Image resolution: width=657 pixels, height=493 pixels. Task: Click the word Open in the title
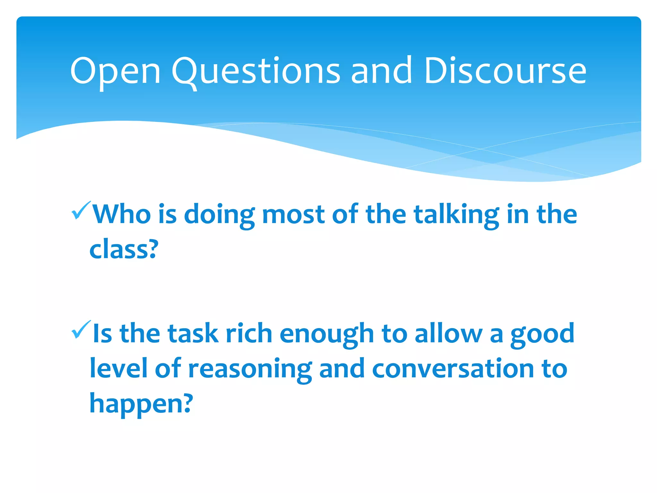pyautogui.click(x=115, y=71)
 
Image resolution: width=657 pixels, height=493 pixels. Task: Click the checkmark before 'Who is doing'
pyautogui.click(x=81, y=211)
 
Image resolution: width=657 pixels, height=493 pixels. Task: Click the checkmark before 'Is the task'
pyautogui.click(x=81, y=330)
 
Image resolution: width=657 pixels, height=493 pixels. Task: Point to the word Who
pyautogui.click(x=122, y=214)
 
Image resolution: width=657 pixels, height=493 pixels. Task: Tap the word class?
pyautogui.click(x=124, y=249)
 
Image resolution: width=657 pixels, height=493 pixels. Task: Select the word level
pyautogui.click(x=118, y=368)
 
